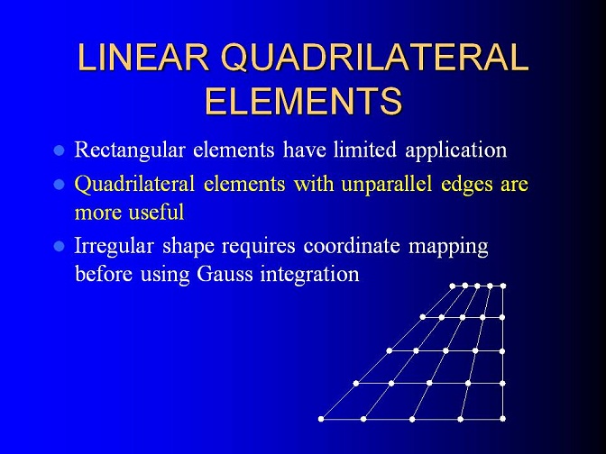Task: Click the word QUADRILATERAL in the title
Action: [374, 58]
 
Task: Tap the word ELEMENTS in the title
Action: [303, 100]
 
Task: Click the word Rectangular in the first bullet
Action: [130, 150]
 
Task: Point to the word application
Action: [456, 150]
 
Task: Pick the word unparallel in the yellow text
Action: [387, 184]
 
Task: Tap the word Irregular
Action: [114, 246]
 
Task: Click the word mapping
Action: [448, 247]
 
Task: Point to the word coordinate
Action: [352, 246]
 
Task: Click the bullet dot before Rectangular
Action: [59, 150]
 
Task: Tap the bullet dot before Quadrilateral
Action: [59, 184]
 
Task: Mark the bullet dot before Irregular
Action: [59, 246]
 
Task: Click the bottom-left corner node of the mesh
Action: [321, 419]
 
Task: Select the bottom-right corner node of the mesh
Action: [503, 419]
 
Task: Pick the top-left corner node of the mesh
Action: [453, 286]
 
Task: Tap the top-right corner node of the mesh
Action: [503, 286]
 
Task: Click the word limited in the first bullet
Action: [365, 149]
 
